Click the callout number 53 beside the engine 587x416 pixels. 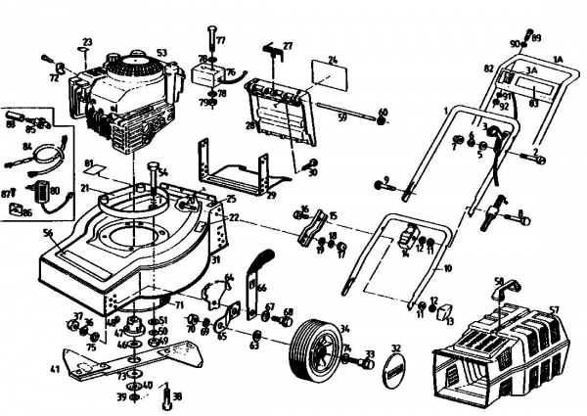161,53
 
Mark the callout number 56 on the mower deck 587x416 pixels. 47,233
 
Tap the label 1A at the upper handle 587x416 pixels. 559,59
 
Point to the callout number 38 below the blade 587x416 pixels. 176,397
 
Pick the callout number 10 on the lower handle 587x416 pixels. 449,266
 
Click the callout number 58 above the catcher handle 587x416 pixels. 498,280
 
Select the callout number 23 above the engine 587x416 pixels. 86,41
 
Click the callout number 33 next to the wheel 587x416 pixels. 370,353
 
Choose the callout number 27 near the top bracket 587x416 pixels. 288,46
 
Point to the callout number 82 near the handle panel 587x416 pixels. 487,69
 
